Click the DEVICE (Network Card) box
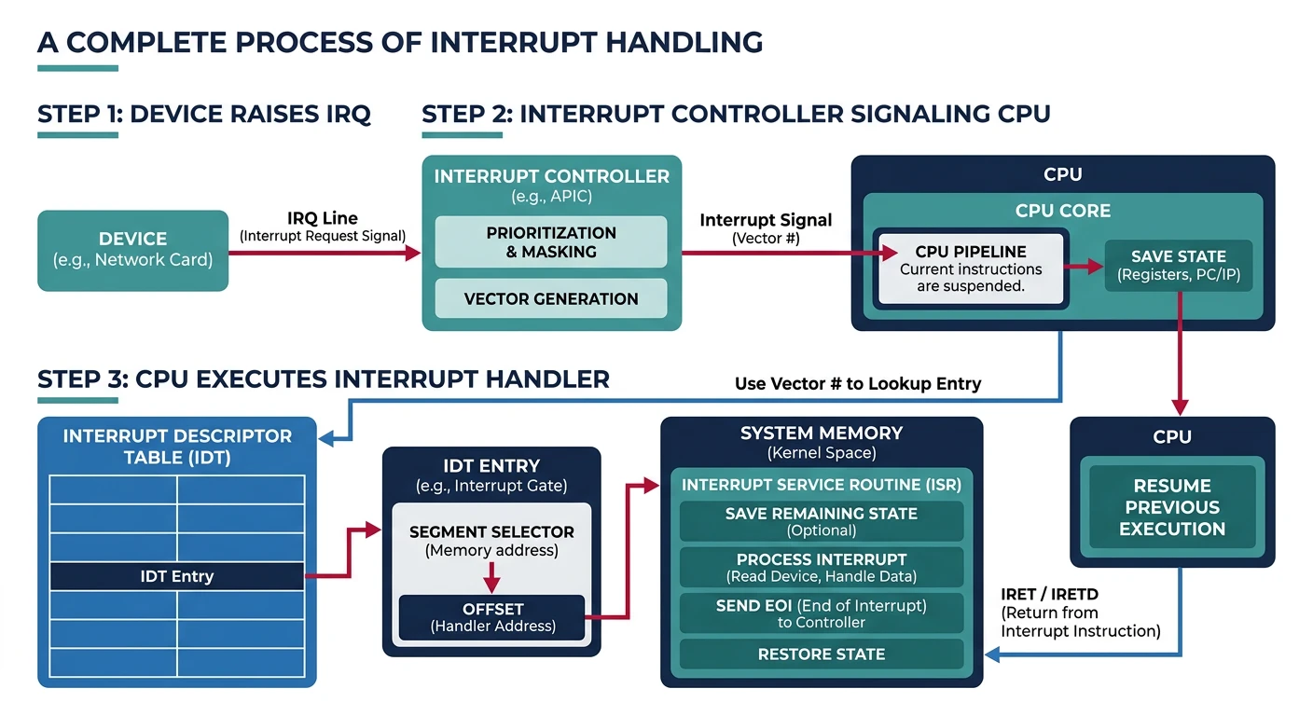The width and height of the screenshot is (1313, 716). pos(132,250)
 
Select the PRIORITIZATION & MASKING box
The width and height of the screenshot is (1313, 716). pos(551,242)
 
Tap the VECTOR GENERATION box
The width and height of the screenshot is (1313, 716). pos(551,298)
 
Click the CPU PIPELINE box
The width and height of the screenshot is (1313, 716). pos(971,268)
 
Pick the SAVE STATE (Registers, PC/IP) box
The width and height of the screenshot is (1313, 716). pos(1178,266)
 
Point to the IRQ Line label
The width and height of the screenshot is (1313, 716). pos(323,219)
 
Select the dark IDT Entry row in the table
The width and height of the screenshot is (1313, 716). pos(176,576)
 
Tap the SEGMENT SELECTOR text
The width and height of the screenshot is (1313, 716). pos(491,532)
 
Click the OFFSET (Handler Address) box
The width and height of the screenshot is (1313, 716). pos(492,617)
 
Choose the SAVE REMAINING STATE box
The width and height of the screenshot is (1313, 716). pos(821,521)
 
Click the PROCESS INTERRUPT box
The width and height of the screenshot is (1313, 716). pos(821,567)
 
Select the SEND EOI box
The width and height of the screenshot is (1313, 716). pos(821,613)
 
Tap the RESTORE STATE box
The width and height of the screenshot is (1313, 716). pos(821,654)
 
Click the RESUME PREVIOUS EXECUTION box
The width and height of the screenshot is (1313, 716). pos(1171,507)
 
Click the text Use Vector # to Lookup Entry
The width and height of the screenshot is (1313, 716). pos(858,383)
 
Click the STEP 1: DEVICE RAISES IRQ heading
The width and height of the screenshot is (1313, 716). pos(203,115)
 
